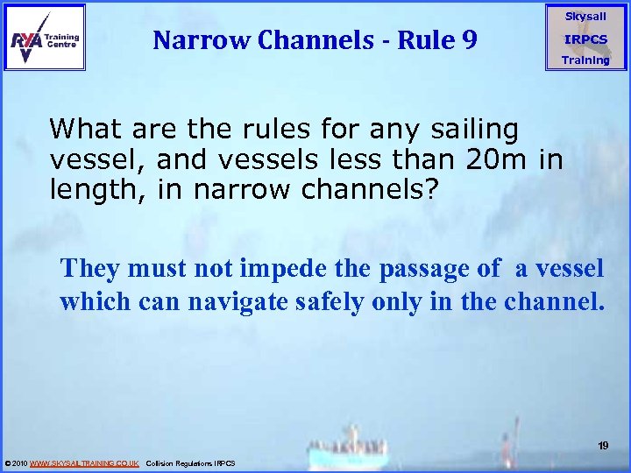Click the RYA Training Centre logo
pyautogui.click(x=45, y=37)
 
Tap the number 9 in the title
pyautogui.click(x=467, y=39)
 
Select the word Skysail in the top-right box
pyautogui.click(x=585, y=17)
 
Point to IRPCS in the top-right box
pyautogui.click(x=585, y=39)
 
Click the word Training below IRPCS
pyautogui.click(x=585, y=60)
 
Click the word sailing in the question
pyautogui.click(x=477, y=130)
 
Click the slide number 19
pyautogui.click(x=603, y=446)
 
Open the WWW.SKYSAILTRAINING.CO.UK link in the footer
pyautogui.click(x=84, y=462)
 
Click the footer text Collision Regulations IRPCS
pyautogui.click(x=191, y=462)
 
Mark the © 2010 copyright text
pyautogui.click(x=16, y=462)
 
